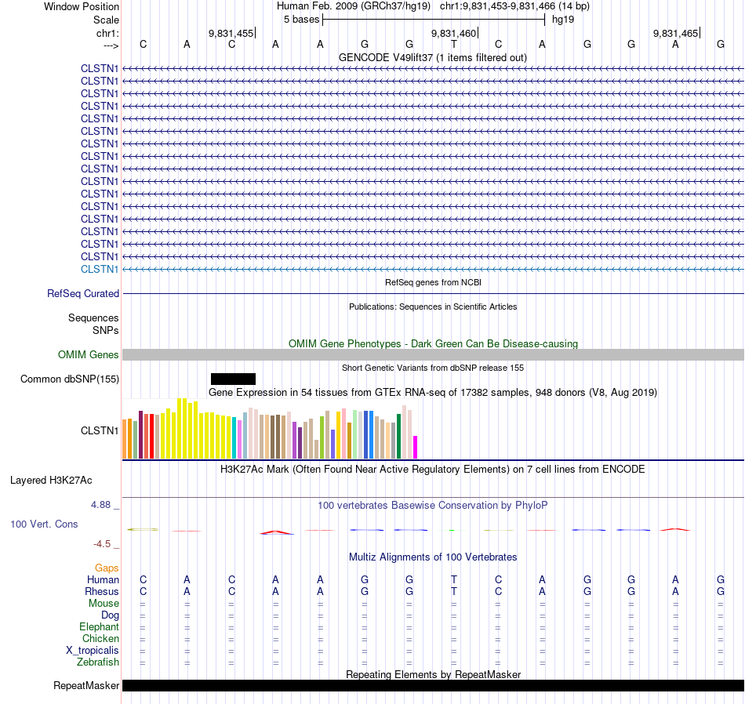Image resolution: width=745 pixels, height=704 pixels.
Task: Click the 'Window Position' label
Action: tap(82, 6)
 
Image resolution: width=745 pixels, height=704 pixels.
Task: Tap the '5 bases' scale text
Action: tap(301, 19)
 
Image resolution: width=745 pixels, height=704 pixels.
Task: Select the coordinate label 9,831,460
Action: tap(453, 33)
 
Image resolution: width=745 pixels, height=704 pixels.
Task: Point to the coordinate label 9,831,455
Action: tap(231, 33)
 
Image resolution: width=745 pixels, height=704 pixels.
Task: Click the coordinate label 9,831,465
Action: tap(675, 33)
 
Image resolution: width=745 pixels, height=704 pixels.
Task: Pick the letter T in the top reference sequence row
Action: tap(454, 44)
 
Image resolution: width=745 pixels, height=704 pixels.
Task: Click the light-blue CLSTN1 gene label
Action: tap(100, 269)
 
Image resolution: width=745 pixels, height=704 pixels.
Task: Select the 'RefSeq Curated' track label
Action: tap(83, 293)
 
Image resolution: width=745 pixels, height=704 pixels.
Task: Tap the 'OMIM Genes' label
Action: tap(89, 355)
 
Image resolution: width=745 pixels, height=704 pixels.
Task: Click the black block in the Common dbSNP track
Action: tap(233, 379)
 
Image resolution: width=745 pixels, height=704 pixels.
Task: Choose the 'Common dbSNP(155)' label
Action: tap(70, 379)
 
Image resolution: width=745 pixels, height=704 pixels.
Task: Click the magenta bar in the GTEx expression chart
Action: tap(416, 447)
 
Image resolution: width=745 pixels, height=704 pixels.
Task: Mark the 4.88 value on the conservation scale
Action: tap(102, 505)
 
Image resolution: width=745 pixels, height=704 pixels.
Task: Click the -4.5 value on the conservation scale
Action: tap(103, 543)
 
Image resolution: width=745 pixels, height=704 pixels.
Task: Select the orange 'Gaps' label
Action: tap(107, 568)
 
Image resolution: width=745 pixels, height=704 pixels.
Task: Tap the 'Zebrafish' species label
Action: tap(98, 662)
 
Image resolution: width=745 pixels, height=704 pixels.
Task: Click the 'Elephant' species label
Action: tap(99, 626)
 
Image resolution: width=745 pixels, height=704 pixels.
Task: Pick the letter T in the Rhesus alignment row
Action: tap(454, 591)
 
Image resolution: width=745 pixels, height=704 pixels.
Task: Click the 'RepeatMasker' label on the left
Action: tap(86, 686)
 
